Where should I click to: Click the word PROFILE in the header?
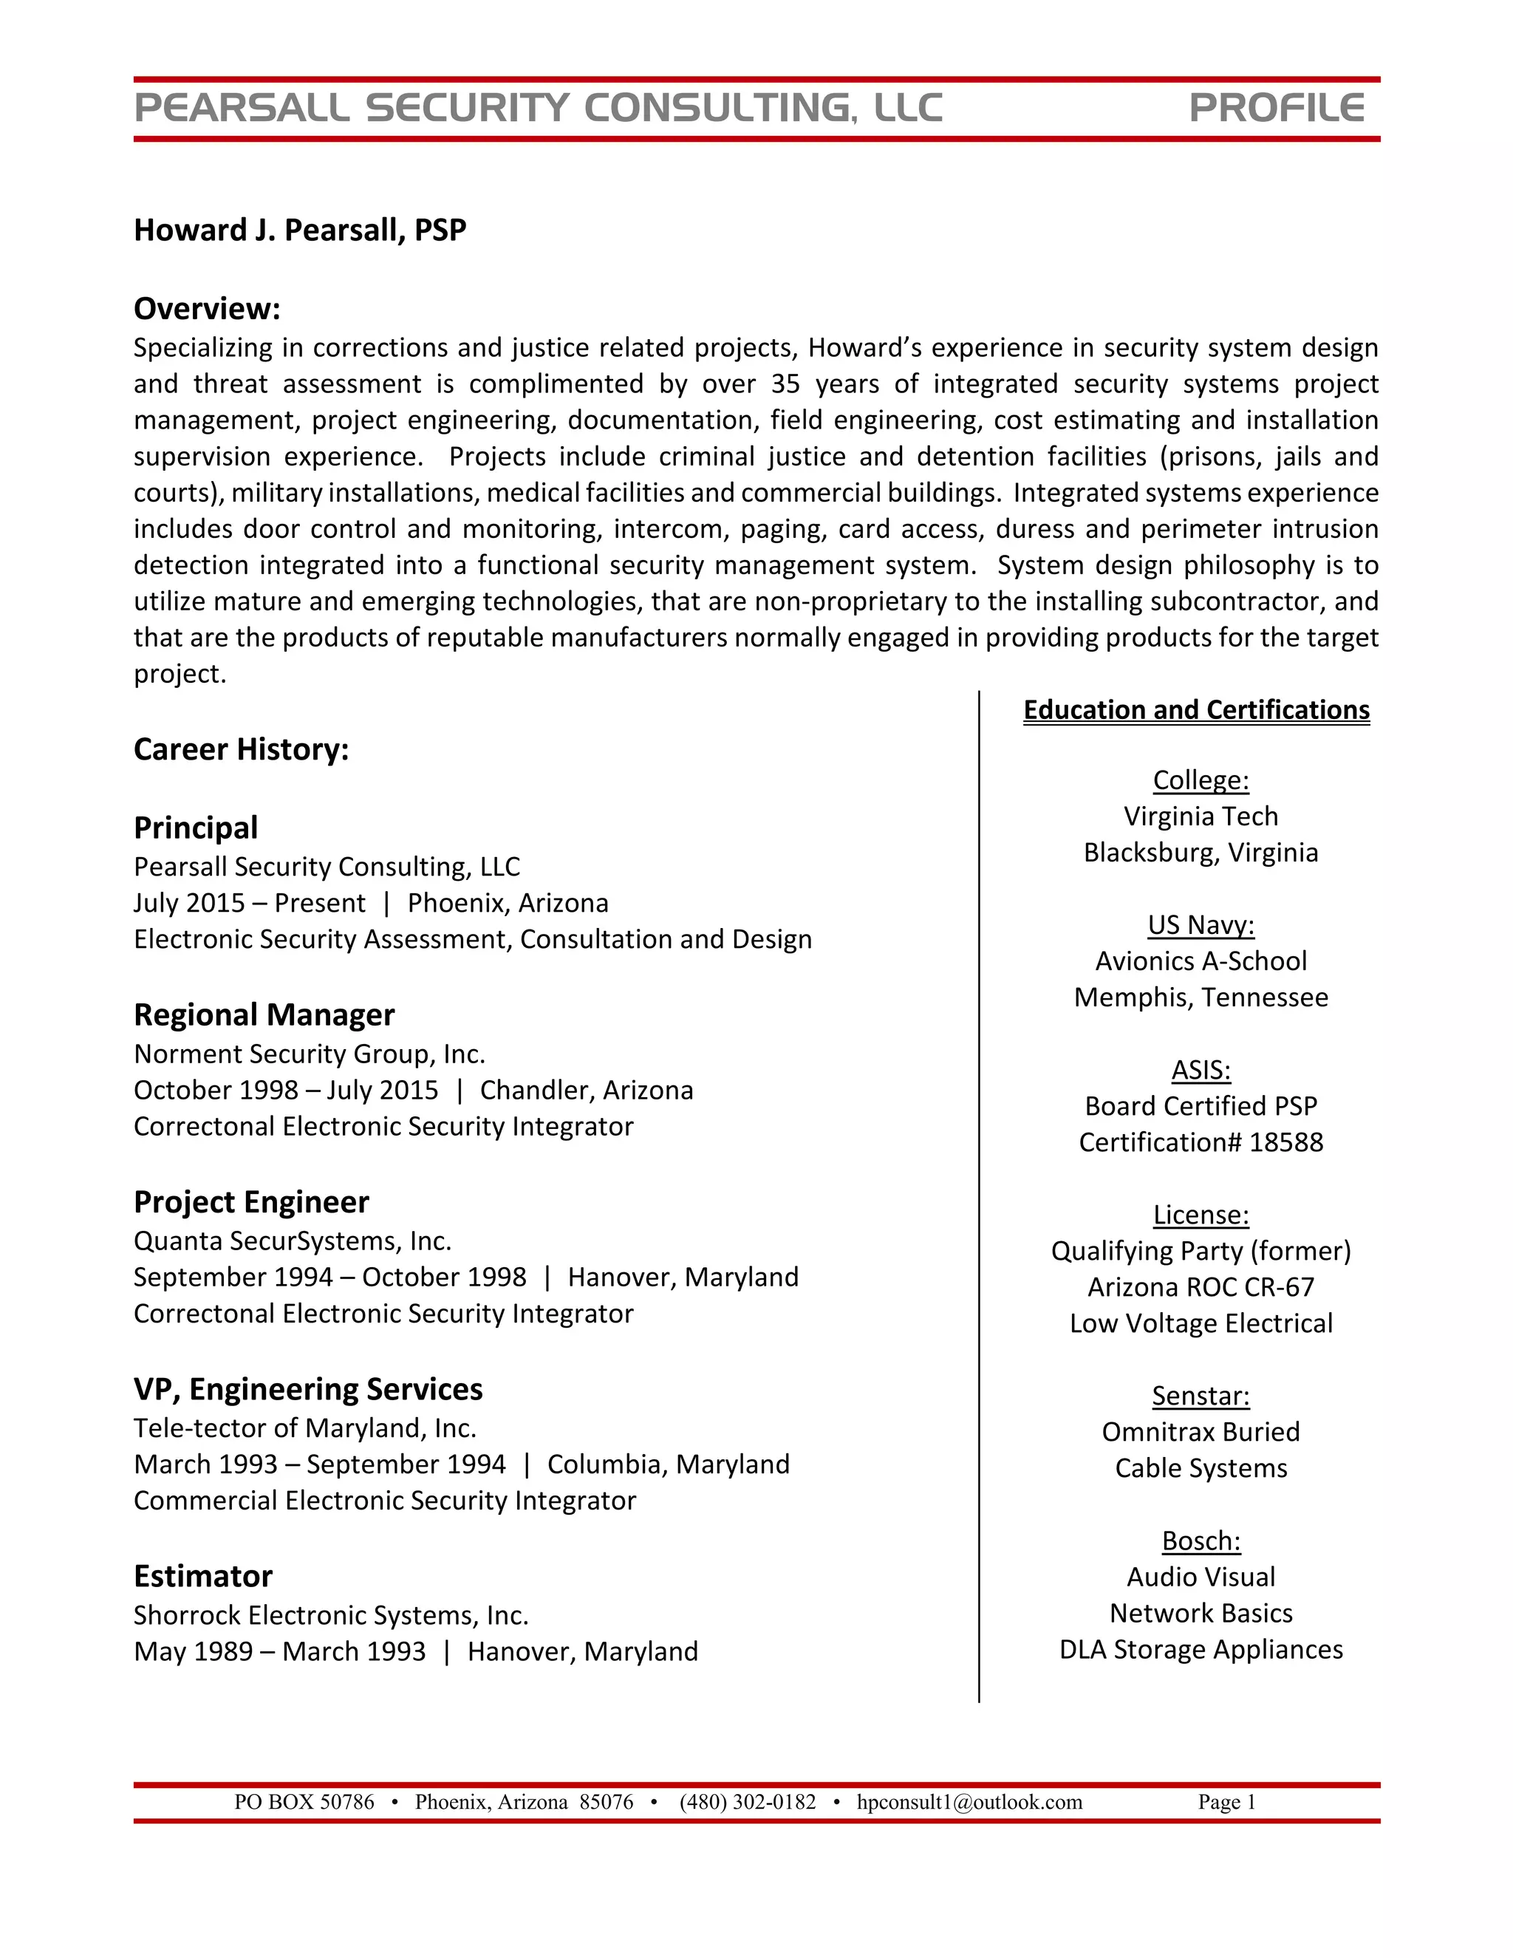click(x=1277, y=109)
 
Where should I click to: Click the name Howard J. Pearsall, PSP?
click(x=299, y=231)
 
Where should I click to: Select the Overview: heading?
click(x=207, y=308)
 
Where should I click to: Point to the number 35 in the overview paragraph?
click(x=785, y=383)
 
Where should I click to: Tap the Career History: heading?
click(x=241, y=749)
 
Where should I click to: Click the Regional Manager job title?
click(x=264, y=1015)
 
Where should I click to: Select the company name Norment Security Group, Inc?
click(x=310, y=1054)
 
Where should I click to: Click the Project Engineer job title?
click(x=251, y=1202)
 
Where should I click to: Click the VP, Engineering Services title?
click(x=307, y=1389)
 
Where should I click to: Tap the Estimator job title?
click(x=202, y=1576)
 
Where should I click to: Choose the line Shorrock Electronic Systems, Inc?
click(x=331, y=1614)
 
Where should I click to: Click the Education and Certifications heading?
click(x=1197, y=710)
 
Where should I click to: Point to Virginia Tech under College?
click(x=1201, y=816)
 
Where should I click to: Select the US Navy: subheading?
click(x=1201, y=924)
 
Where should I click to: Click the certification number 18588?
click(x=1286, y=1142)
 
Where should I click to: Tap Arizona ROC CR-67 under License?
click(x=1201, y=1286)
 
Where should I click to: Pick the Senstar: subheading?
click(x=1201, y=1396)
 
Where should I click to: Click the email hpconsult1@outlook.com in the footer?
click(x=969, y=1802)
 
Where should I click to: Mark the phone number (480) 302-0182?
click(x=748, y=1802)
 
